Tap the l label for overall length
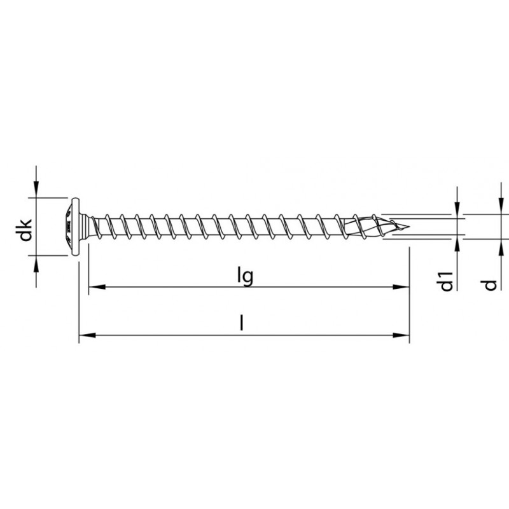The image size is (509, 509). tap(241, 324)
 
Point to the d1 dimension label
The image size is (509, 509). tap(447, 281)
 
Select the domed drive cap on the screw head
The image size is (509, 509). tap(66, 226)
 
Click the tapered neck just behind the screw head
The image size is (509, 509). tap(89, 226)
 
